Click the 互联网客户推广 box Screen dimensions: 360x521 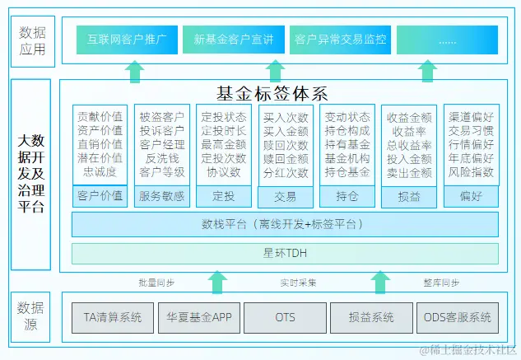pos(128,39)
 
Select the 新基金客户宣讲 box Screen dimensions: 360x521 pos(233,39)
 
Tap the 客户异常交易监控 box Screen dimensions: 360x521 pos(340,39)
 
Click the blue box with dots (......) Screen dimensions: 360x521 pos(447,39)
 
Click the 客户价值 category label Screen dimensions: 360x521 pos(100,196)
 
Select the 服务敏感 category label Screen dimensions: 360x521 pos(162,196)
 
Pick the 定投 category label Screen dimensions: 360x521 pos(224,196)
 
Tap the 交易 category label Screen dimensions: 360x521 pos(286,197)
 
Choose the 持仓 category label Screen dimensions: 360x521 pos(347,197)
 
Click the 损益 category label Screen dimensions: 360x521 pos(408,197)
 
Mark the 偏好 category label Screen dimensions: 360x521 pos(471,197)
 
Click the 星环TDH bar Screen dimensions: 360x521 pos(285,253)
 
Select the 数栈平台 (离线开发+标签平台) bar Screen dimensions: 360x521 pos(285,224)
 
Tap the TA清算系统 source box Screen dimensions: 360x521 pos(113,317)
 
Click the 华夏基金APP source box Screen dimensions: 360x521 pos(198,317)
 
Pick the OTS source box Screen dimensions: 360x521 pos(286,317)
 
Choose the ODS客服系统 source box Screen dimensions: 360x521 pos(457,317)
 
